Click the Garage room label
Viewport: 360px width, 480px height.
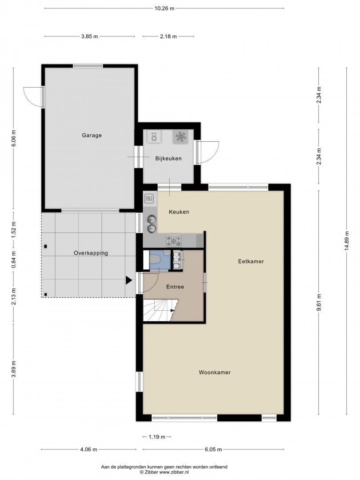92,135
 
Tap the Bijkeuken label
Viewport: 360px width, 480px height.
168,159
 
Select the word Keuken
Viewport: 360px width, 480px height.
179,212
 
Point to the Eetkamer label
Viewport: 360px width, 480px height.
251,261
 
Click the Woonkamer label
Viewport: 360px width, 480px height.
215,372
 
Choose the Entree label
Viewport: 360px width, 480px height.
175,287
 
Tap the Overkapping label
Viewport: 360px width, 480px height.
91,253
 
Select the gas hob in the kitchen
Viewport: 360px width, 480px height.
174,240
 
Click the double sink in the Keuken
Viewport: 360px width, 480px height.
151,223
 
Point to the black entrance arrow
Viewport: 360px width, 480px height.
128,280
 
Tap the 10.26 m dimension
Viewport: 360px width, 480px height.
164,8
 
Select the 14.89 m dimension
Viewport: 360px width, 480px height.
347,241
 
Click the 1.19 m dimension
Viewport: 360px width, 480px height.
157,437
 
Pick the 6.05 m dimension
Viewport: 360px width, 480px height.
213,449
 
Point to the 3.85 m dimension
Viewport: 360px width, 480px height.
89,36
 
